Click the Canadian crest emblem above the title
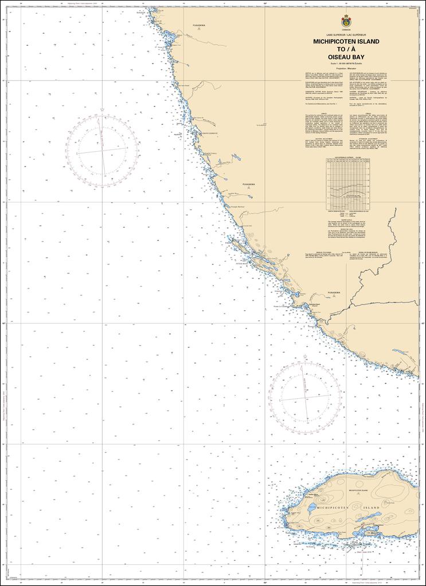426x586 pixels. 345,20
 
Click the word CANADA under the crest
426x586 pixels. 345,29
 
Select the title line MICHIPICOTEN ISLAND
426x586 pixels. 345,42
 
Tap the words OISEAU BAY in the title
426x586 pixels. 345,57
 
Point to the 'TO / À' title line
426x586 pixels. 345,49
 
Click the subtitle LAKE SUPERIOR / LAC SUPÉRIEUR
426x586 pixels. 345,35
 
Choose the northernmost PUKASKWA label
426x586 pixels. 198,26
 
